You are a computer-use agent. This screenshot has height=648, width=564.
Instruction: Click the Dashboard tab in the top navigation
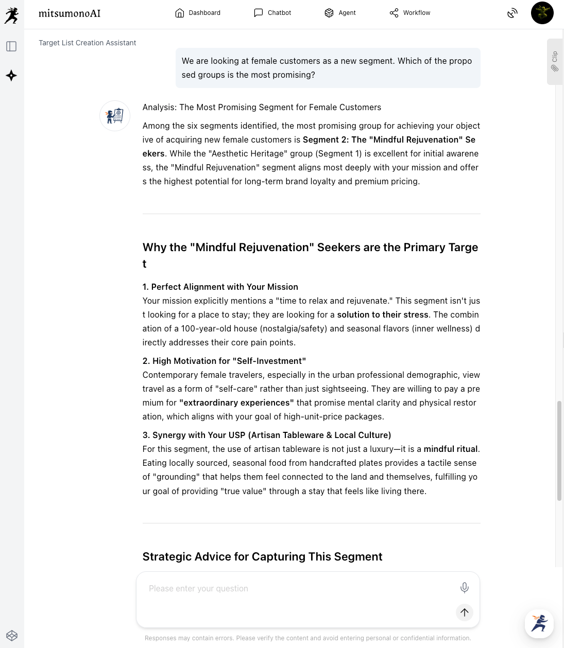[x=198, y=13]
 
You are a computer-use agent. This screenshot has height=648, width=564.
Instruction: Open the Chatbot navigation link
[x=272, y=13]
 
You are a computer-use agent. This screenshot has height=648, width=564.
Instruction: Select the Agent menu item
[x=340, y=13]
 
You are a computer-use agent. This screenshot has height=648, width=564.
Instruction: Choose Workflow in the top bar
[x=410, y=13]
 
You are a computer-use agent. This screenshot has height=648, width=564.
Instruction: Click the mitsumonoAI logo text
[x=70, y=13]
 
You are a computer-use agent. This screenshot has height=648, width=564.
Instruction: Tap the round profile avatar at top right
[x=542, y=13]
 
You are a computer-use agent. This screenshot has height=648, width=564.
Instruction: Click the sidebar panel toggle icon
[x=11, y=46]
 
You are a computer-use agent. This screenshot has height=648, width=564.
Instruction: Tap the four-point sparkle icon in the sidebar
[x=11, y=76]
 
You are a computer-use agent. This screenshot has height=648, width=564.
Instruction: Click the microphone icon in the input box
[x=464, y=588]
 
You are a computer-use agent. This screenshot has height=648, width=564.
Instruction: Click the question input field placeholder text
[x=198, y=588]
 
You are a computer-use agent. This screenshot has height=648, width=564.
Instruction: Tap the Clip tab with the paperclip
[x=555, y=61]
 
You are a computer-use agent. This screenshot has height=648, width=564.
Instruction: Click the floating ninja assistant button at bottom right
[x=539, y=623]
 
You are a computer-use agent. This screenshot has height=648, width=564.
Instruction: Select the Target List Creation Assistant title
[x=88, y=43]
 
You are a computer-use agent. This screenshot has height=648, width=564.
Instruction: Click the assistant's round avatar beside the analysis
[x=115, y=116]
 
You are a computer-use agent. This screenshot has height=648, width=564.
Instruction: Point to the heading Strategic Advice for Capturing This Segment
[x=262, y=556]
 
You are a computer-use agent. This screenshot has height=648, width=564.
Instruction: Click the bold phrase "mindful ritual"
[x=451, y=449]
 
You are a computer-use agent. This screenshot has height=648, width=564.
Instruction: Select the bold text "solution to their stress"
[x=383, y=314]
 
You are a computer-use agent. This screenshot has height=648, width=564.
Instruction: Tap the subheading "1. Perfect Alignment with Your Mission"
[x=220, y=287]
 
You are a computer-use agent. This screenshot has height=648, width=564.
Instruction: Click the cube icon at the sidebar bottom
[x=12, y=636]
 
